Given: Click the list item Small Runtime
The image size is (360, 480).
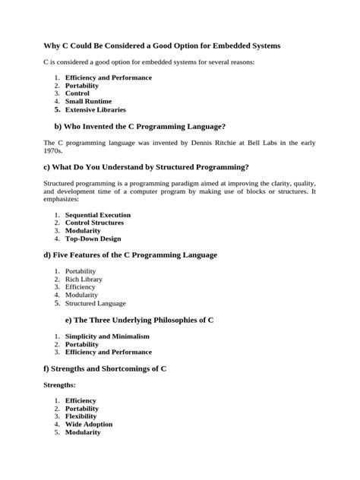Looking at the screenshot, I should tap(88, 101).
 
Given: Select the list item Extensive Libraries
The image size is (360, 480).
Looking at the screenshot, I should tap(95, 109).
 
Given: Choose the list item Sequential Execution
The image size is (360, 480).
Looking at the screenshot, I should tap(98, 215).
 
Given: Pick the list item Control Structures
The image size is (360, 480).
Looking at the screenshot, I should tap(95, 223).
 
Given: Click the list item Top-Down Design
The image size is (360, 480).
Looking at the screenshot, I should tap(93, 238).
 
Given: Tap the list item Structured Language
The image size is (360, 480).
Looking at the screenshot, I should tap(96, 303).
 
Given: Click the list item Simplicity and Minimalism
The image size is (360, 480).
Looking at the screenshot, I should tap(107, 336).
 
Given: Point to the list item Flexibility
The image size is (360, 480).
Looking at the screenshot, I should tap(81, 416).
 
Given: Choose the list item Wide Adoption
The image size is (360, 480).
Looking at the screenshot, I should tap(89, 424).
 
